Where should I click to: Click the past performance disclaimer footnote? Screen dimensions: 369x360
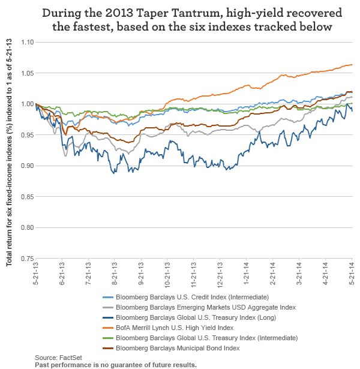(x=116, y=364)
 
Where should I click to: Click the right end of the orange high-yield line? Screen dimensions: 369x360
(x=352, y=65)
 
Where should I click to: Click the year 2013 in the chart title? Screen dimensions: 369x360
(x=105, y=13)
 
